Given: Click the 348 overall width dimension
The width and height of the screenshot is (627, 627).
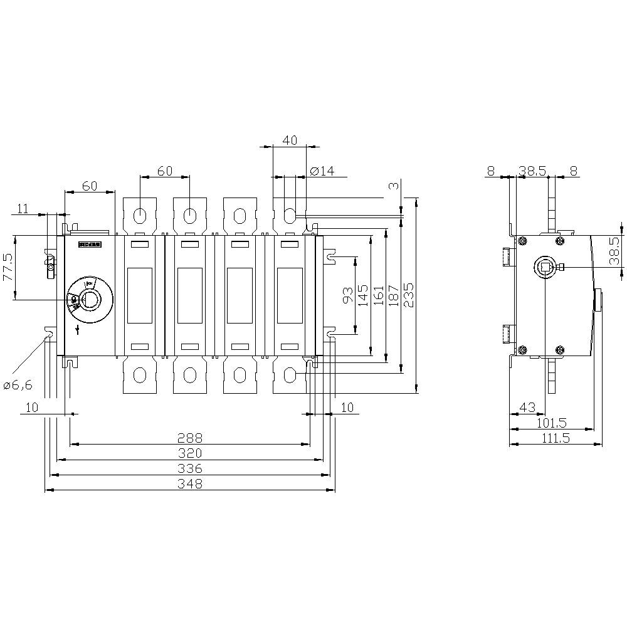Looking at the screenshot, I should pyautogui.click(x=190, y=483).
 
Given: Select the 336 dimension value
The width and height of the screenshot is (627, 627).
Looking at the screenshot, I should pyautogui.click(x=190, y=468).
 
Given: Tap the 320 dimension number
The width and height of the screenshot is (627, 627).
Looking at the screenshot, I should pyautogui.click(x=190, y=453).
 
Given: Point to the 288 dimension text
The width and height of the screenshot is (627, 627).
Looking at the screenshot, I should pyautogui.click(x=190, y=438).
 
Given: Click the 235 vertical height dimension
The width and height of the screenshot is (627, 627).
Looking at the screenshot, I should pyautogui.click(x=408, y=295).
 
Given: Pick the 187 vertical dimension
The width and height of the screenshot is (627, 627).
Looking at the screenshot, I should pyautogui.click(x=393, y=295).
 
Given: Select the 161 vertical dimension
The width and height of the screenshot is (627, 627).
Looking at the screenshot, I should pyautogui.click(x=378, y=295).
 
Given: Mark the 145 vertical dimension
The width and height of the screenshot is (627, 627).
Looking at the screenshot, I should pyautogui.click(x=363, y=295).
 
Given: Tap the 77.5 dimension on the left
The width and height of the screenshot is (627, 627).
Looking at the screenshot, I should pyautogui.click(x=8, y=267).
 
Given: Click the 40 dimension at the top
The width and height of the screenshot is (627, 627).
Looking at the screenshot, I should pyautogui.click(x=289, y=140).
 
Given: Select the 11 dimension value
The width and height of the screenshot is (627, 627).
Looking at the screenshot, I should pyautogui.click(x=23, y=209).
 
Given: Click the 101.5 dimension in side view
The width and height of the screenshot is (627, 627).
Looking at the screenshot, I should pyautogui.click(x=552, y=423).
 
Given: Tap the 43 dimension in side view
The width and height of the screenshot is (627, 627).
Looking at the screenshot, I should pyautogui.click(x=528, y=408).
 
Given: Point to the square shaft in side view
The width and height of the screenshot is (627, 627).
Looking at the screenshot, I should pyautogui.click(x=544, y=268).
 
